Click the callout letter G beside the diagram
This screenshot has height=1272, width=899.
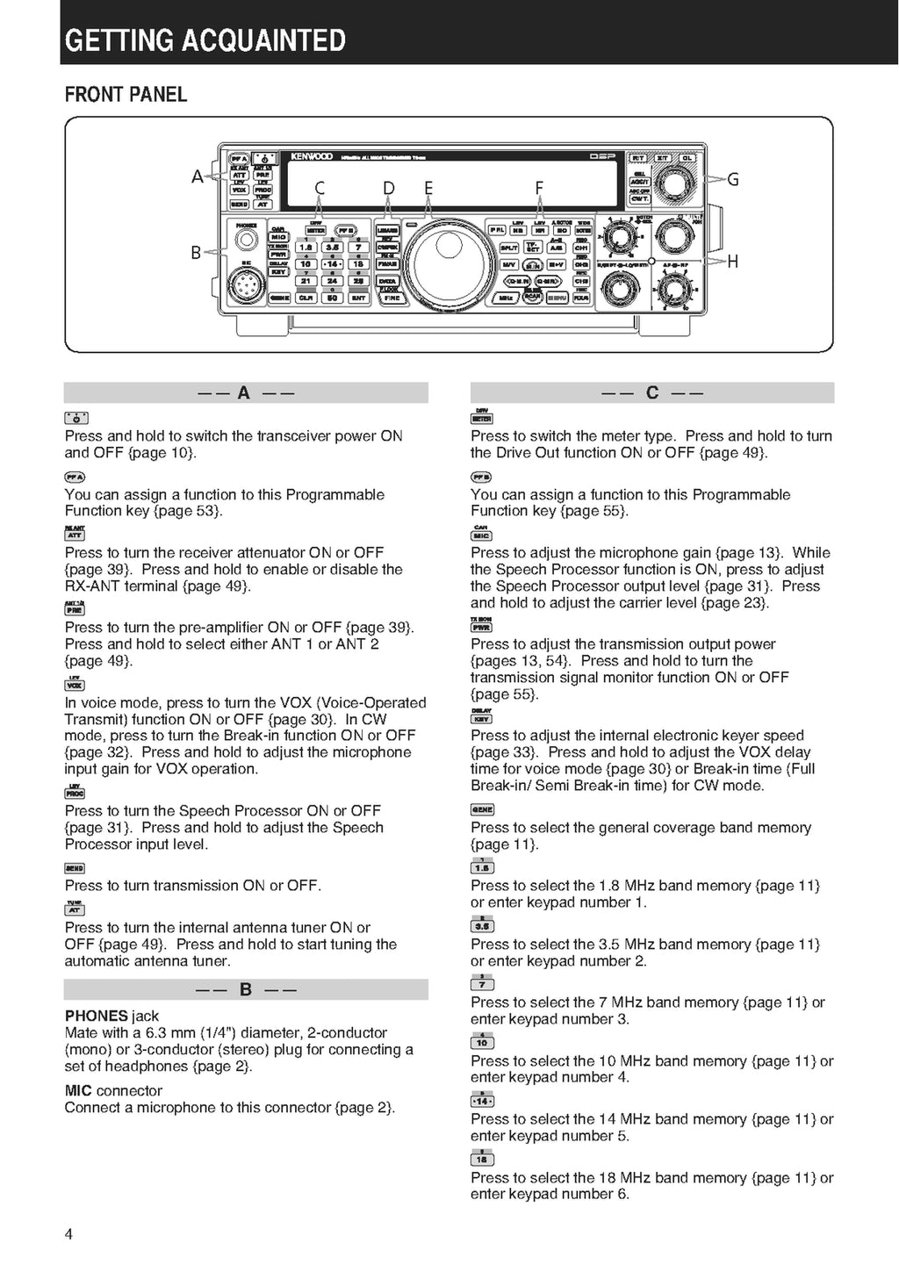point(733,180)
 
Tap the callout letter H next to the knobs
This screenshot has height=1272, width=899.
point(733,261)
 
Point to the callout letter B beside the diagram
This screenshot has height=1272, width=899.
point(196,253)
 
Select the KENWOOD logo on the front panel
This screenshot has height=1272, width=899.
point(312,156)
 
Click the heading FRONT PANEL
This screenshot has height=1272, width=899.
point(126,95)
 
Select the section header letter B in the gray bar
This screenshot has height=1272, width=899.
point(246,989)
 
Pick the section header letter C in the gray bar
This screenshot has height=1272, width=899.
point(651,392)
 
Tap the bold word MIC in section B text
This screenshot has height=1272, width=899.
point(78,1090)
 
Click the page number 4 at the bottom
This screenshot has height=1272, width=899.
point(69,1234)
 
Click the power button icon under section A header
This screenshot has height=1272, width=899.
point(76,418)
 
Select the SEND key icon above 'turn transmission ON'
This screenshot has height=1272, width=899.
point(75,868)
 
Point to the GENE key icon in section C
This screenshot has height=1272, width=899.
point(482,809)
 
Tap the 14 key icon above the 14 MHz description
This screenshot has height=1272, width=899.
point(482,1100)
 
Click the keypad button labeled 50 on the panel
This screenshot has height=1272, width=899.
point(333,298)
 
